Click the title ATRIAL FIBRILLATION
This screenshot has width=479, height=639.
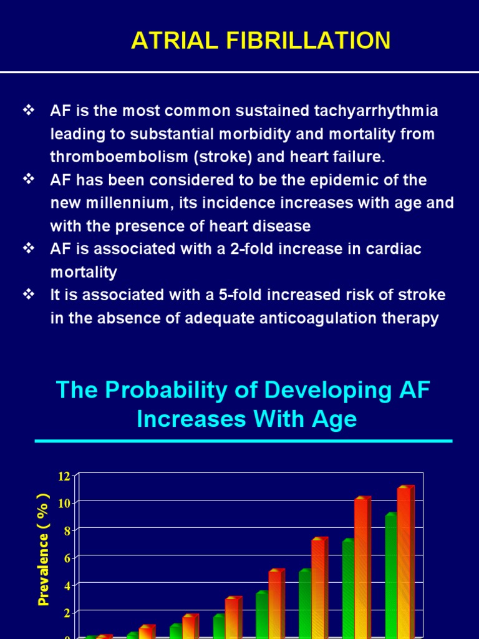click(x=261, y=41)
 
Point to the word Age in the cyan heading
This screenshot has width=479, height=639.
click(x=337, y=419)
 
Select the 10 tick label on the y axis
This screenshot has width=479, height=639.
click(x=64, y=503)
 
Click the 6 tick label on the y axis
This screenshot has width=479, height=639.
click(x=66, y=558)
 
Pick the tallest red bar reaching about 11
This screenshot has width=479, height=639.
click(x=405, y=562)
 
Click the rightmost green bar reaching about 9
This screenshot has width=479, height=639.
click(x=390, y=574)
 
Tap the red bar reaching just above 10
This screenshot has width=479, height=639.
click(x=361, y=568)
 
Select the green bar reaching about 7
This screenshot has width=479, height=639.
click(x=347, y=587)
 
